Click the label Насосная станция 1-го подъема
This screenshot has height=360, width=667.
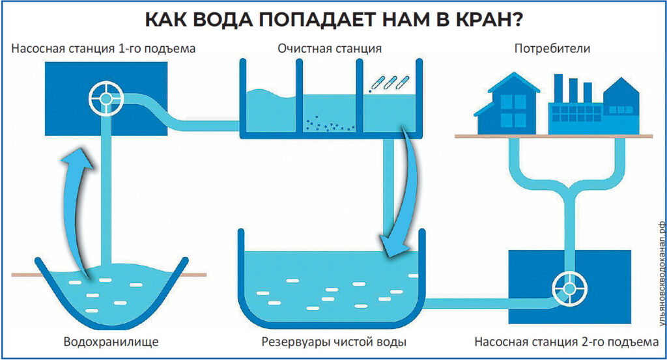pyautogui.click(x=104, y=49)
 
